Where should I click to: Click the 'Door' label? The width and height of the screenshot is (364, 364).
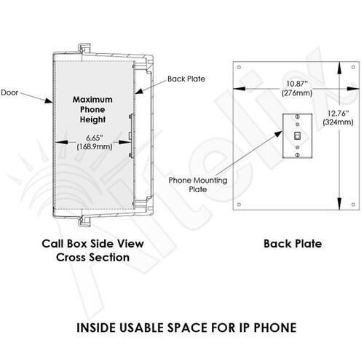coord(9,92)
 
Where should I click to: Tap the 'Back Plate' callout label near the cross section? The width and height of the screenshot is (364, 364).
coord(186,79)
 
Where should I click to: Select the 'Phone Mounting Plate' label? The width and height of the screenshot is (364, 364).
coord(198,185)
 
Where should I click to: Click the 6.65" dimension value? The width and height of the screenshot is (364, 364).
coord(95,138)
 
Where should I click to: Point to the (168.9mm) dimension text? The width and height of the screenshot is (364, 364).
coord(95,147)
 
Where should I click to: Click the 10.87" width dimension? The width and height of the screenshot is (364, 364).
coord(297,84)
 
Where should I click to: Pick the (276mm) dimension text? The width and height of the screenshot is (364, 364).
coord(297,93)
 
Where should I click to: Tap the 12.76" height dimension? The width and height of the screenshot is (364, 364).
coord(339,114)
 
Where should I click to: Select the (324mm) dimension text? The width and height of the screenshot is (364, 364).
coord(338,122)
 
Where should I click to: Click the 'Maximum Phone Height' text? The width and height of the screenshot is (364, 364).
coord(92,110)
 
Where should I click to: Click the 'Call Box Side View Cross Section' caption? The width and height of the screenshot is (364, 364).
coord(92,250)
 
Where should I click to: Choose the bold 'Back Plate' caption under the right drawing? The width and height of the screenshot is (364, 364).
coord(293,244)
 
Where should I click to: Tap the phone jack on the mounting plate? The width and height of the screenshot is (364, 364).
coord(297,135)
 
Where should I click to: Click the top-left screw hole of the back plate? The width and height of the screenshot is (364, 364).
coord(239,67)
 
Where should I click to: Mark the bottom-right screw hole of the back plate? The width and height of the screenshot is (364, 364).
coord(353,205)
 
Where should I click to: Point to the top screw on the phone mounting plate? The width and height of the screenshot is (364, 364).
coord(297,116)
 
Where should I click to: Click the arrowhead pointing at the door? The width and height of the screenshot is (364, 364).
coord(49,100)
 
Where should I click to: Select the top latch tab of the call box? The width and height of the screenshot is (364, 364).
coord(84,48)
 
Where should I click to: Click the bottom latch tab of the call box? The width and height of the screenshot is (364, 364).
coord(84,222)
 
